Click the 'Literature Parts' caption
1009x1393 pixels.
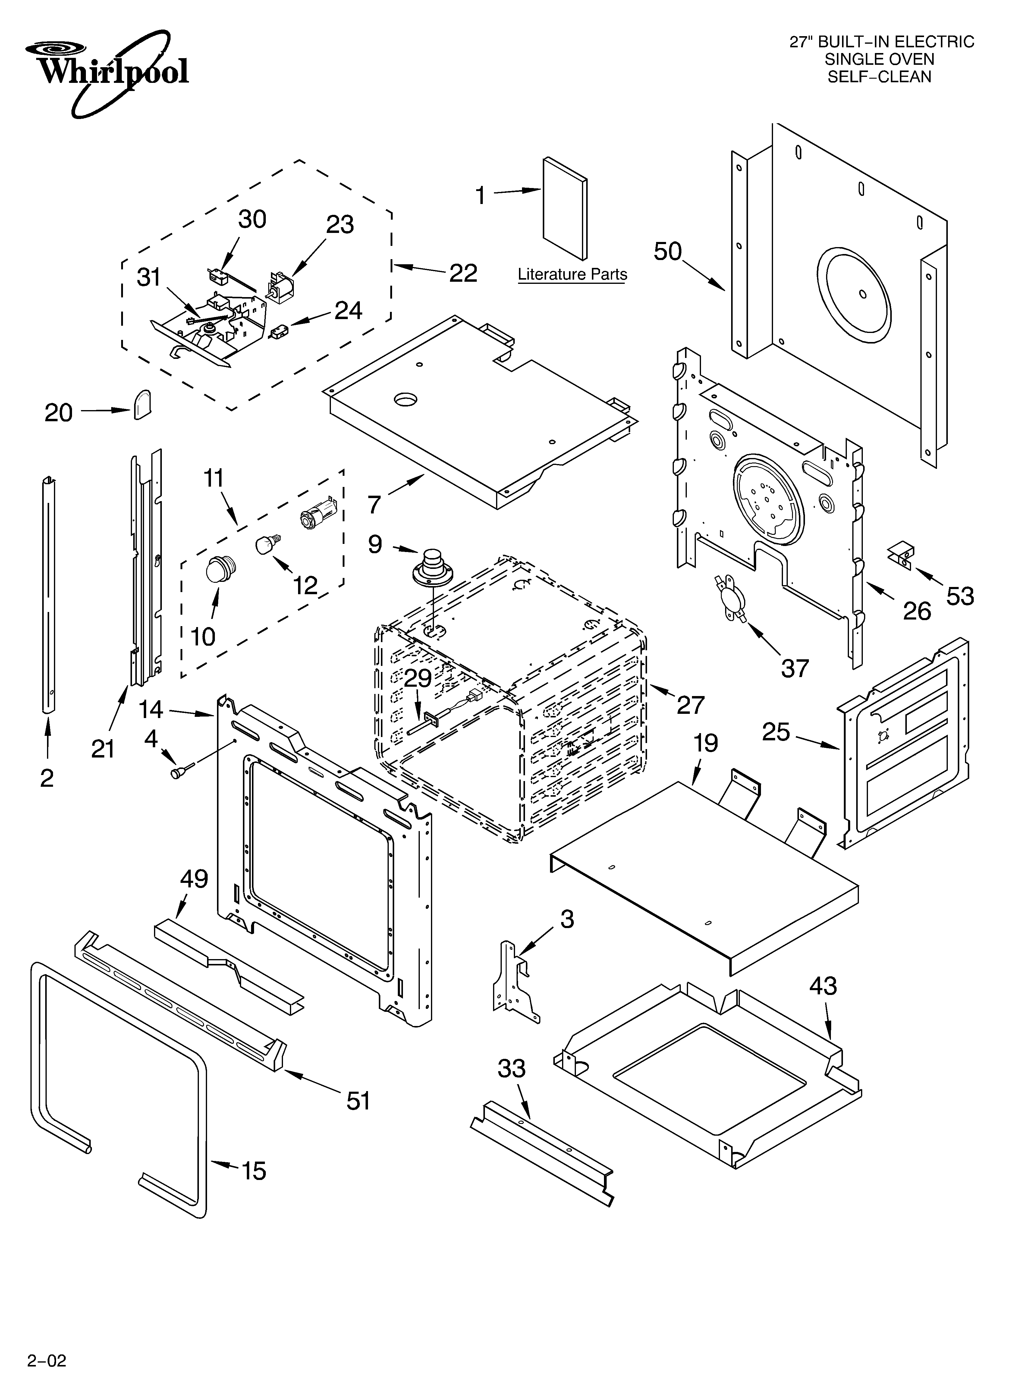pos(572,275)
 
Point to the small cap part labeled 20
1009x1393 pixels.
pos(143,404)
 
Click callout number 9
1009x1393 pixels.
pos(375,544)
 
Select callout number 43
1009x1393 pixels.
pos(823,987)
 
